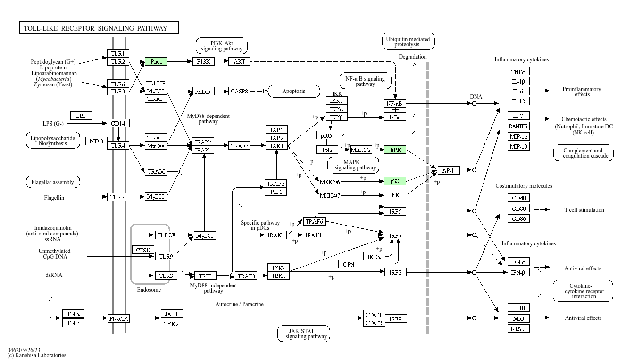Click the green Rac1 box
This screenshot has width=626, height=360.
pos(156,62)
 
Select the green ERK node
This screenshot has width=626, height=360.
pos(395,150)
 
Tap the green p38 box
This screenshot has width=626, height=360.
pos(395,181)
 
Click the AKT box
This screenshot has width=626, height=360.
pos(239,62)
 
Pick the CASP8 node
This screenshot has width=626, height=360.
pos(239,92)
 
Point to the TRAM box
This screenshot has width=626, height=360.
pos(156,171)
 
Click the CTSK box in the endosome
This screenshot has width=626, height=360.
pos(143,250)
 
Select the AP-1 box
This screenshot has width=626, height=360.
pos(448,170)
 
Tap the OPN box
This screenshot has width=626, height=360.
pos(349,264)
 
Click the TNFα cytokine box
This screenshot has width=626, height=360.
pos(518,72)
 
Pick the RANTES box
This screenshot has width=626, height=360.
pos(518,126)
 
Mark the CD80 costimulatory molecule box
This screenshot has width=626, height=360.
pos(518,209)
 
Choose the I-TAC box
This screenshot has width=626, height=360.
pos(518,328)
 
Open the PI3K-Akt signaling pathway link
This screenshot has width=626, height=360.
pos(222,46)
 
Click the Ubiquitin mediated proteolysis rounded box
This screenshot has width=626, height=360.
pos(408,42)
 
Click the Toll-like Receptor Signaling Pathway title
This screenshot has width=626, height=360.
pos(99,28)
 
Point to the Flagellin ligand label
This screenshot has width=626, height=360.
pos(54,197)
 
